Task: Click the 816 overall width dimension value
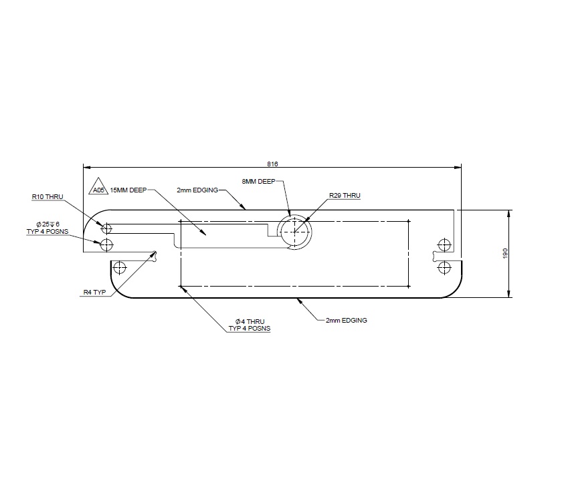coord(272,162)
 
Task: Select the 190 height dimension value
coord(506,253)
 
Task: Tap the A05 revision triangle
coord(98,187)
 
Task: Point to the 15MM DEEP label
coord(128,190)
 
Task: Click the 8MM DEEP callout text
coord(258,180)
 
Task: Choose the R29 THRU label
coord(345,196)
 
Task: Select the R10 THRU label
coord(48,197)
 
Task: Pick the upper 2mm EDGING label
coord(198,190)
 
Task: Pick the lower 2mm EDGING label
coord(346,321)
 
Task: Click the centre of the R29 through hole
coord(295,232)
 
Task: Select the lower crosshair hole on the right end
coord(442,267)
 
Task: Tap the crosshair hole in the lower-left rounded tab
coord(120,269)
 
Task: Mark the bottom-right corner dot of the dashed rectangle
coord(409,287)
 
